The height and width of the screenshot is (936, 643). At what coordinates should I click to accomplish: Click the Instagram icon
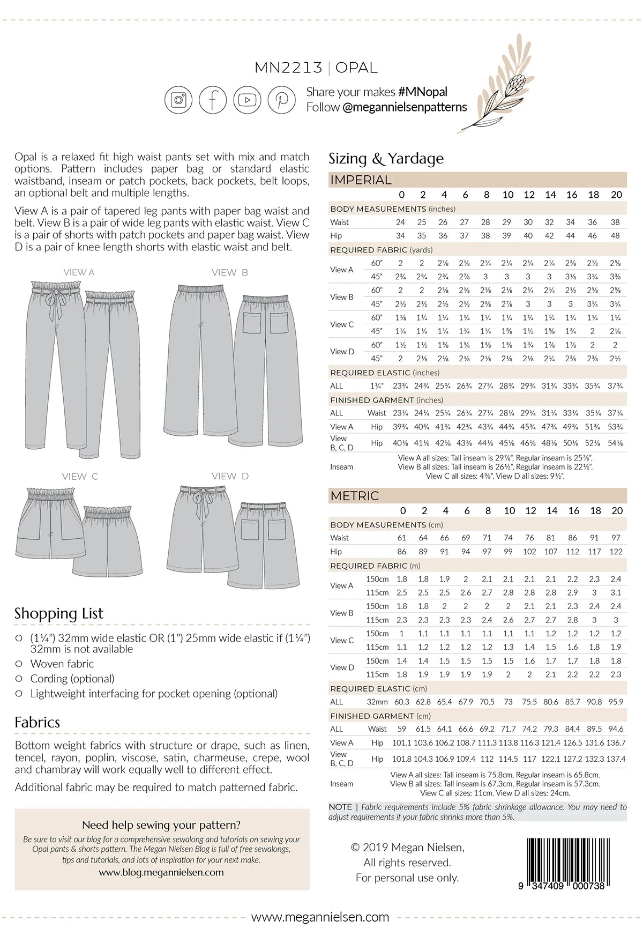tap(178, 100)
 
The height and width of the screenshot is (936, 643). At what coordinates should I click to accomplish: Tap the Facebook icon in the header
tap(213, 100)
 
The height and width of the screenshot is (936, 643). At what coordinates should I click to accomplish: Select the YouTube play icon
tap(247, 100)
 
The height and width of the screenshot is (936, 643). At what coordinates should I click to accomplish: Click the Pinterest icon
tap(282, 100)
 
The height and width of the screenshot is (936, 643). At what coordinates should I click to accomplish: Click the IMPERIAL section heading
tap(361, 180)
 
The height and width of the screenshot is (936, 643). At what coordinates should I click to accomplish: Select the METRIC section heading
tap(354, 496)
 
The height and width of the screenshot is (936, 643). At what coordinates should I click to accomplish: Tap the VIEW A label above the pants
tap(79, 272)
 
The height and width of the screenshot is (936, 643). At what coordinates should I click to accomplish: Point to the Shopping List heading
tap(59, 613)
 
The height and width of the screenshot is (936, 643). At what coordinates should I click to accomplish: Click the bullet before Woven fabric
tap(19, 664)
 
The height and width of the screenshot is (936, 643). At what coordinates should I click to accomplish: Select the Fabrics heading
tap(38, 722)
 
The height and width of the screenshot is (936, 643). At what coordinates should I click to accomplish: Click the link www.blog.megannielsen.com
tap(161, 872)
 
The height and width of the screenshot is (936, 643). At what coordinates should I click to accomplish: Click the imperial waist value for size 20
tap(615, 222)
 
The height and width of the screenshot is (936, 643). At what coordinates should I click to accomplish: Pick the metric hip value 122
tap(616, 552)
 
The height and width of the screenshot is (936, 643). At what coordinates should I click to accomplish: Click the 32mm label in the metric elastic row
tap(377, 702)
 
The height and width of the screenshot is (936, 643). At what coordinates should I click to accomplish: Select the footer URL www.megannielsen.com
tap(320, 917)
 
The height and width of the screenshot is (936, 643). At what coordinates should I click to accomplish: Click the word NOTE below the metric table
tap(340, 807)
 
